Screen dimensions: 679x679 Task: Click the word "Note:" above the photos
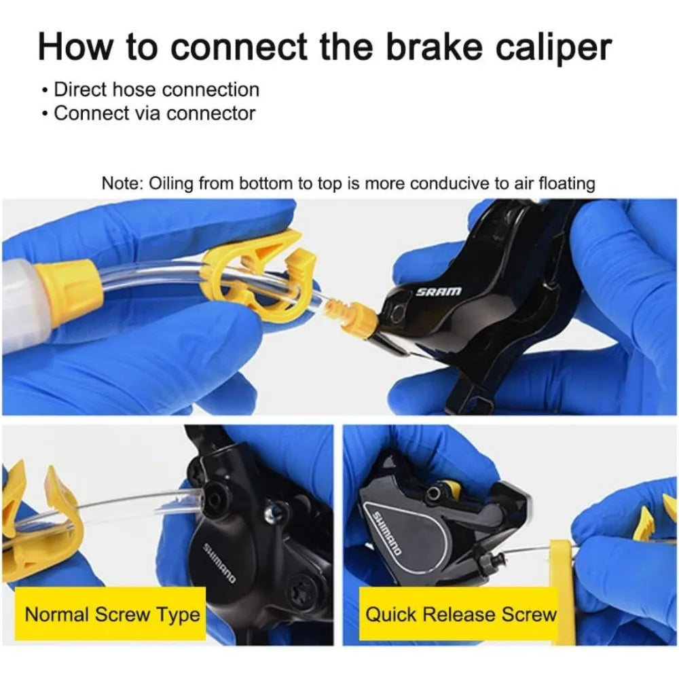(122, 183)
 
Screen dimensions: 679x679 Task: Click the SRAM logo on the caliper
(439, 291)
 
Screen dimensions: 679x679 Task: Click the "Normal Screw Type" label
(112, 615)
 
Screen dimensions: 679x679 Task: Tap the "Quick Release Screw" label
(461, 615)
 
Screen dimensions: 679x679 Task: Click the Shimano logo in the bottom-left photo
(221, 563)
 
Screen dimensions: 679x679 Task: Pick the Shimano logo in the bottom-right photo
(388, 534)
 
